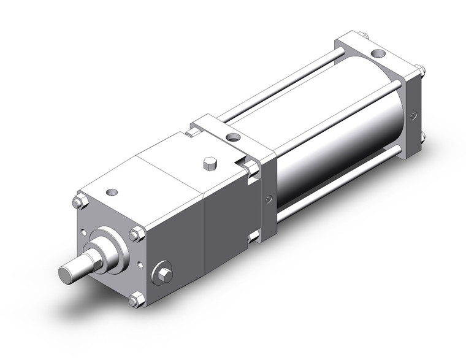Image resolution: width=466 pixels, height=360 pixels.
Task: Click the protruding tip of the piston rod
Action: pyautogui.click(x=69, y=270)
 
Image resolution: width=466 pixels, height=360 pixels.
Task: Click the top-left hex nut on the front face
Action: pyautogui.click(x=78, y=201)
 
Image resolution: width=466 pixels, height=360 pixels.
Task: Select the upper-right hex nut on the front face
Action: pyautogui.click(x=137, y=234)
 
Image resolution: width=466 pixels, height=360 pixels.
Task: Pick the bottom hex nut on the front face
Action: pyautogui.click(x=136, y=299)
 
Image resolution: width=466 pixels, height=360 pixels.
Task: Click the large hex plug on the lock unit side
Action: pyautogui.click(x=164, y=273)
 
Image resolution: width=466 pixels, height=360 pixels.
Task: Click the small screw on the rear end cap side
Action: pyautogui.click(x=415, y=114)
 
